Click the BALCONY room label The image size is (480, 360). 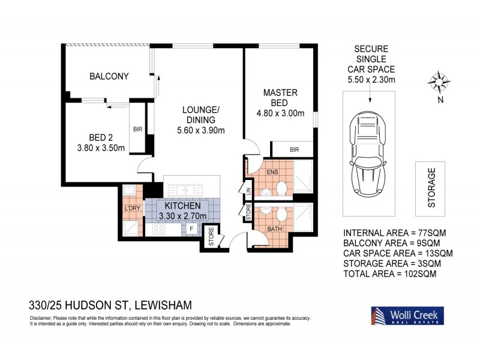[109, 76]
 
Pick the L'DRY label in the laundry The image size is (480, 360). [132, 208]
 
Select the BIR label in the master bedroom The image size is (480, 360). [294, 149]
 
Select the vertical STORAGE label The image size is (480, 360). [431, 188]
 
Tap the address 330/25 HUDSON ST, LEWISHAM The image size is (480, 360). [111, 305]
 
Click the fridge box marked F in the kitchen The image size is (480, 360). [191, 229]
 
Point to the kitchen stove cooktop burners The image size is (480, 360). [160, 229]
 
